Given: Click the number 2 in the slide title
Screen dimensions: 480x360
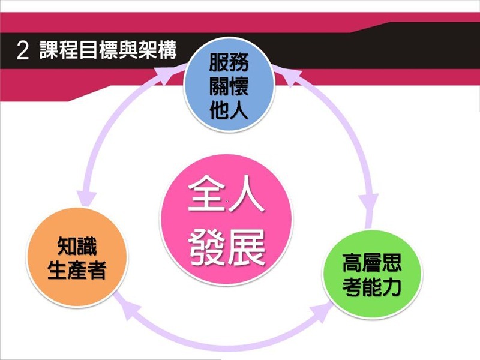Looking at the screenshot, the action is pyautogui.click(x=23, y=50).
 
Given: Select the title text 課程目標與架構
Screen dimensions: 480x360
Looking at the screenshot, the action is pyautogui.click(x=108, y=50).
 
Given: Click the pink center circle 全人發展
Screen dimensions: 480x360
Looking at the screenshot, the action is pyautogui.click(x=227, y=220).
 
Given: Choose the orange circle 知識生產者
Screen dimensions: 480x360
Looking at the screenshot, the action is pyautogui.click(x=77, y=257).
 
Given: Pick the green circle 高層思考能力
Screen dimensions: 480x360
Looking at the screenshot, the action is pyautogui.click(x=372, y=274).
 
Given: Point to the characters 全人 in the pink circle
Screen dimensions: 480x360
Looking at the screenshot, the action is pyautogui.click(x=226, y=193).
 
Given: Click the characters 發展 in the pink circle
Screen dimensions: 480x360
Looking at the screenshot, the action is pyautogui.click(x=227, y=247).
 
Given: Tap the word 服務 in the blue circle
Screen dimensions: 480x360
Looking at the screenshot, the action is pyautogui.click(x=229, y=62).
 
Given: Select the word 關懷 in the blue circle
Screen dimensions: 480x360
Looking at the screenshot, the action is pyautogui.click(x=229, y=86).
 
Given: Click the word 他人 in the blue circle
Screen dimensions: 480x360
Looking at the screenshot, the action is pyautogui.click(x=229, y=109).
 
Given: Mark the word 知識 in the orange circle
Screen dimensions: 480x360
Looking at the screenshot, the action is pyautogui.click(x=77, y=246).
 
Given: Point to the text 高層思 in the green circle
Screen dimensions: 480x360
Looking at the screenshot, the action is pyautogui.click(x=371, y=263).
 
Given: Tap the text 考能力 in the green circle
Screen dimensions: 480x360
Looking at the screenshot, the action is pyautogui.click(x=371, y=287).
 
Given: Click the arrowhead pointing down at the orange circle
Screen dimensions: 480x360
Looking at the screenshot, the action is pyautogui.click(x=86, y=199).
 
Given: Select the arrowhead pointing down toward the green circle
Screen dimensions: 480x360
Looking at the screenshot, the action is pyautogui.click(x=368, y=202).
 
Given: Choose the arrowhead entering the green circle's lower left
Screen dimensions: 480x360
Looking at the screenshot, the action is pyautogui.click(x=322, y=310).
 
